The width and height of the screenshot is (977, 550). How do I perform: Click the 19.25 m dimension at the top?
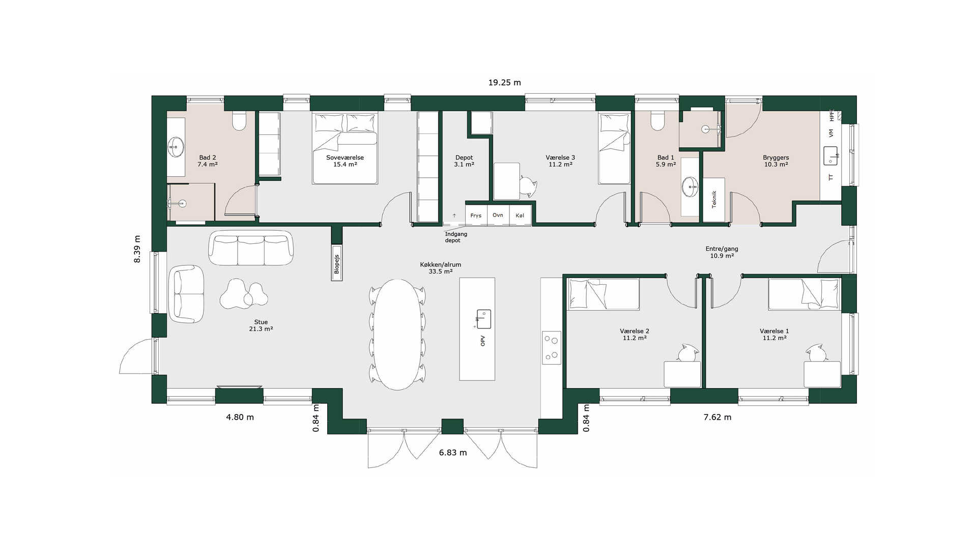[x=504, y=82]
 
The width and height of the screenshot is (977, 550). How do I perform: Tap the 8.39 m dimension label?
[x=137, y=249]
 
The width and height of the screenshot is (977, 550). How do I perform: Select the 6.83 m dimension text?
[x=453, y=452]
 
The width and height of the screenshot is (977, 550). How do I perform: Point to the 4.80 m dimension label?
[x=240, y=417]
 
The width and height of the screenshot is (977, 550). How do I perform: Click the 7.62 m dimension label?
[x=717, y=417]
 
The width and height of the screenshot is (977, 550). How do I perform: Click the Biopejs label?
[x=336, y=264]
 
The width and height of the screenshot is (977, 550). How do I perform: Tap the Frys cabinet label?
[x=476, y=215]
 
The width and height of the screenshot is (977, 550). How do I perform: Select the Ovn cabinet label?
[x=498, y=215]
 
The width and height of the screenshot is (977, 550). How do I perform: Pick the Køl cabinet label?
[x=520, y=215]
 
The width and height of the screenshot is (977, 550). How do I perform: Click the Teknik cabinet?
[x=714, y=199]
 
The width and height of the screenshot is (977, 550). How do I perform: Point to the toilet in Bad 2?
[x=239, y=120]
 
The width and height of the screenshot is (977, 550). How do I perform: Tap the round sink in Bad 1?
[x=690, y=186]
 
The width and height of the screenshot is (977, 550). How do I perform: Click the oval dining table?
[x=398, y=335]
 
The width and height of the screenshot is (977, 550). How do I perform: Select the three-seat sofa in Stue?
[x=251, y=248]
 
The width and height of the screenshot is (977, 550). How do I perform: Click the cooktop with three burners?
[x=551, y=348]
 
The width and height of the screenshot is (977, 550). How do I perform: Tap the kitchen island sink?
[x=483, y=319]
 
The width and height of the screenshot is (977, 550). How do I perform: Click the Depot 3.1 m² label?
[x=464, y=161]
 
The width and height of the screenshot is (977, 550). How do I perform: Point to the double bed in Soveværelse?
[x=345, y=148]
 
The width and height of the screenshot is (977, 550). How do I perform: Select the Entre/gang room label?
[x=722, y=252]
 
